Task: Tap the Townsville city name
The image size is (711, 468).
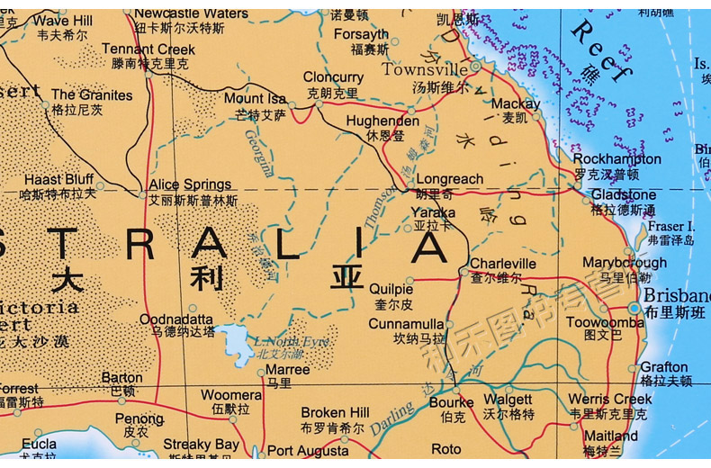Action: pyautogui.click(x=425, y=69)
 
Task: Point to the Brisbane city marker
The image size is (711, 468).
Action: pyautogui.click(x=634, y=308)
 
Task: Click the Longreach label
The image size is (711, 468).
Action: pyautogui.click(x=450, y=179)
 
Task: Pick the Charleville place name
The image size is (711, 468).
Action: pyautogui.click(x=502, y=264)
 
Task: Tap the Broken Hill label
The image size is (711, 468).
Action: pyautogui.click(x=335, y=413)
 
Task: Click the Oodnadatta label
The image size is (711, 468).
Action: pyautogui.click(x=175, y=319)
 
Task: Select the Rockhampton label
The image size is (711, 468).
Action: pyautogui.click(x=617, y=159)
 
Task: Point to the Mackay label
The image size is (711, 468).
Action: pyautogui.click(x=515, y=103)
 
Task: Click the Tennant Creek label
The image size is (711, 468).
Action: pyautogui.click(x=148, y=49)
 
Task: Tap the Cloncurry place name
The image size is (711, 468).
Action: pyautogui.click(x=333, y=78)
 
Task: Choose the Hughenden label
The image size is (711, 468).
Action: pyautogui.click(x=382, y=121)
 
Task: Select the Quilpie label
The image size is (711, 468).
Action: pyautogui.click(x=391, y=289)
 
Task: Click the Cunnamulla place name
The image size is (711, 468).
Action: pyautogui.click(x=406, y=324)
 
